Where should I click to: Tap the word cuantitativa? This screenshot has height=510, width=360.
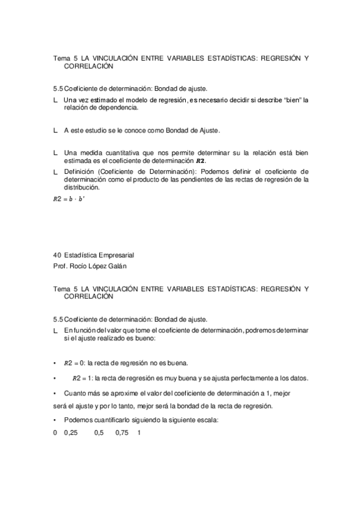[x=118, y=153]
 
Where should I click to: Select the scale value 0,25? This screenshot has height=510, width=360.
[x=71, y=432]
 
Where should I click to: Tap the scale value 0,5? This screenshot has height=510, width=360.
[x=99, y=432]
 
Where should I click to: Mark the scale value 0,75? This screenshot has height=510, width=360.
[x=123, y=432]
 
